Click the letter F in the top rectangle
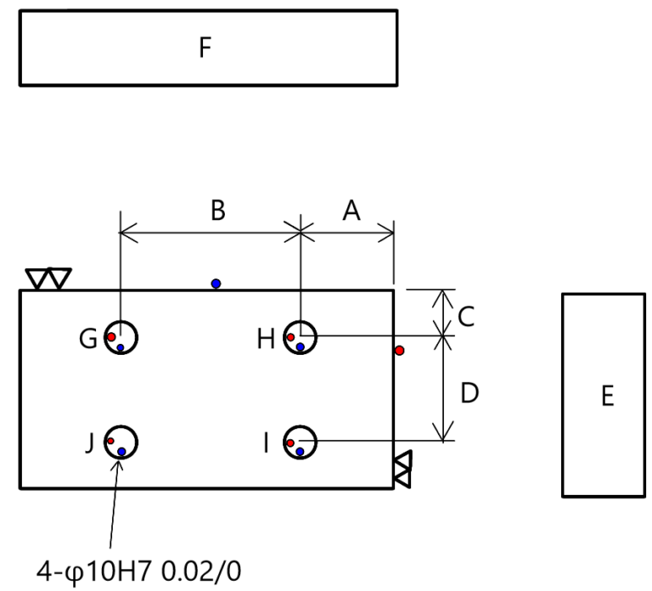point(205,48)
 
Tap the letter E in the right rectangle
point(608,396)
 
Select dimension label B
point(218,210)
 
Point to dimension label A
point(351,210)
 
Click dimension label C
point(466,317)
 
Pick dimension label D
point(469,392)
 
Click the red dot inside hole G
point(111,336)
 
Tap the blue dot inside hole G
point(121,347)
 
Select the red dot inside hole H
point(290,337)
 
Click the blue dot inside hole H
point(301,346)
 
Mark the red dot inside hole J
point(110,441)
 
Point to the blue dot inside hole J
point(121,452)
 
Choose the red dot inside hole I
point(290,443)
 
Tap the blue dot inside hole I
point(301,452)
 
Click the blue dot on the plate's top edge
point(216,284)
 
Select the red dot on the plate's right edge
point(400,351)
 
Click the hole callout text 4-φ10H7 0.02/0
point(139,571)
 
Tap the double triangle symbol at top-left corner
point(48,279)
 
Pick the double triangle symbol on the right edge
point(402,469)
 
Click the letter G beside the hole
point(88,339)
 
